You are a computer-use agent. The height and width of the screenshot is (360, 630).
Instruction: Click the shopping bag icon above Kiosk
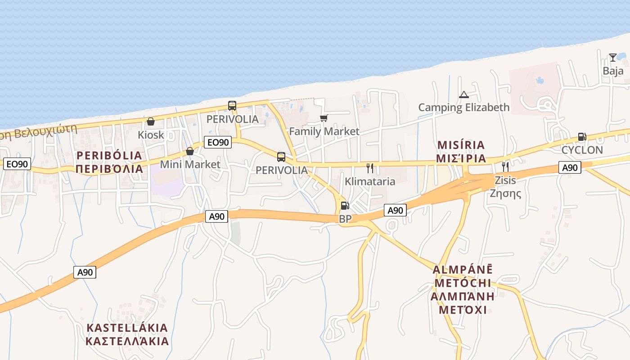coord(151,122)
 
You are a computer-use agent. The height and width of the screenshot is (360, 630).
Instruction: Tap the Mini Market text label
coord(190,164)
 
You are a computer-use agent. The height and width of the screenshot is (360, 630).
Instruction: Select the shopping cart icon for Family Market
coord(324,118)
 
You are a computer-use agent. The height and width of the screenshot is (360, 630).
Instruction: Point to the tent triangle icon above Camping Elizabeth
coord(463,95)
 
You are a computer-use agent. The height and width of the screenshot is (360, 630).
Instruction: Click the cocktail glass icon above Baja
coord(612,58)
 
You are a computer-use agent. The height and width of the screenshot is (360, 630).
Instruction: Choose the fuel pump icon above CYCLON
coord(582,137)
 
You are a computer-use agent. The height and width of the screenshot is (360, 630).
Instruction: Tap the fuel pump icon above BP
coord(345,206)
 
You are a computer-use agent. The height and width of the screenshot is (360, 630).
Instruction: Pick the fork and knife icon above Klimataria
coord(370,168)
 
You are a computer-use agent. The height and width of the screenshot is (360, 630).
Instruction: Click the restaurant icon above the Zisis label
coord(505,167)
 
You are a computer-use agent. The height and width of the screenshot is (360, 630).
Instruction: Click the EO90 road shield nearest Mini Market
coord(218,143)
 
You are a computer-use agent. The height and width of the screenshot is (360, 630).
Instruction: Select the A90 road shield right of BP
coord(395,210)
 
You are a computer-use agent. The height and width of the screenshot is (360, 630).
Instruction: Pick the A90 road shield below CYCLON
coord(570,168)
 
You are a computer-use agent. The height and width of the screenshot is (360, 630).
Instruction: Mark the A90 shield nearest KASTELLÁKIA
coord(85,272)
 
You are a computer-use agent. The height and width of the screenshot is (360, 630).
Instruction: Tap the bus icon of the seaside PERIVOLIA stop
coord(232,106)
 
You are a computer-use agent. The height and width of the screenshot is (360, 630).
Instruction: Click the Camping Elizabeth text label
coord(464,108)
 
